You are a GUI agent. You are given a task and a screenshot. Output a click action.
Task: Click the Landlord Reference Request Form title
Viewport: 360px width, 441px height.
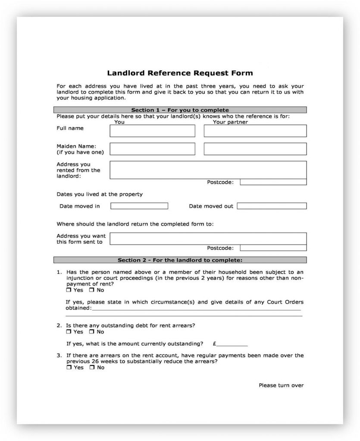[180, 73]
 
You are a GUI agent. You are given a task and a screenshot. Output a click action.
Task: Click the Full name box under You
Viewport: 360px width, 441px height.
[152, 131]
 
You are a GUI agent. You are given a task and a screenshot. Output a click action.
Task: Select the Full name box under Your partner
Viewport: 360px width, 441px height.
[255, 131]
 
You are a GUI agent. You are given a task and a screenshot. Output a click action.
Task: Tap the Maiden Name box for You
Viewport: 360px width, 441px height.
[152, 149]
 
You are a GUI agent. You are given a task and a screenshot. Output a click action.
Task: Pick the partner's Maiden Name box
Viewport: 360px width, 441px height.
[255, 149]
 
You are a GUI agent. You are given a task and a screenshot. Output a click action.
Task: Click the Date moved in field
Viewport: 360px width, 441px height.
[139, 206]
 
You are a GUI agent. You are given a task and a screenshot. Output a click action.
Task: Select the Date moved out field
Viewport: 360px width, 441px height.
[272, 206]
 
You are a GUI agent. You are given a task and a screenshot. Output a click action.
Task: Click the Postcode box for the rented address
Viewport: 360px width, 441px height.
[273, 182]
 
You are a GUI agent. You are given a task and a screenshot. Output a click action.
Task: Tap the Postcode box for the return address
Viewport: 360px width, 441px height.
[273, 248]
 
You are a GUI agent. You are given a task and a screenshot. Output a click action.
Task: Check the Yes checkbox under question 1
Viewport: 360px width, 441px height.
[69, 290]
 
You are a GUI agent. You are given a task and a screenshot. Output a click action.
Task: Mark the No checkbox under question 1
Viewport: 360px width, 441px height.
[91, 290]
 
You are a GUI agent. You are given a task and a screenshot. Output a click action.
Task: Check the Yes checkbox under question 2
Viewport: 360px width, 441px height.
[69, 332]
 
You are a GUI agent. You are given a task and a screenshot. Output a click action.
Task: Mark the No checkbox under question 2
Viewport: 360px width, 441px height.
[91, 332]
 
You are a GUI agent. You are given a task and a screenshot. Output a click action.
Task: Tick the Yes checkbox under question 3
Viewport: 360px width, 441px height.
[69, 368]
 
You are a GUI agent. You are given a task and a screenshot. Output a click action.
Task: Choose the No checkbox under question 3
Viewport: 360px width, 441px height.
[91, 368]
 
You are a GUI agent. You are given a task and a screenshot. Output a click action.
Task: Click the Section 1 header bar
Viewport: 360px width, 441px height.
[180, 110]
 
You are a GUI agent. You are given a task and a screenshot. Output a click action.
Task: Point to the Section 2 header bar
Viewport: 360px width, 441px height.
[180, 260]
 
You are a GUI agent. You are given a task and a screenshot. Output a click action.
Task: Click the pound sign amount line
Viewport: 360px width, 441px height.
[232, 344]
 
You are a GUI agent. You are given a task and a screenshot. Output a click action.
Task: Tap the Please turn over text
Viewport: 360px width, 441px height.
[281, 385]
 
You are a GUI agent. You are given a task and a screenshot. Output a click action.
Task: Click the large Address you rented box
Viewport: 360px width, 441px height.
[208, 169]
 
